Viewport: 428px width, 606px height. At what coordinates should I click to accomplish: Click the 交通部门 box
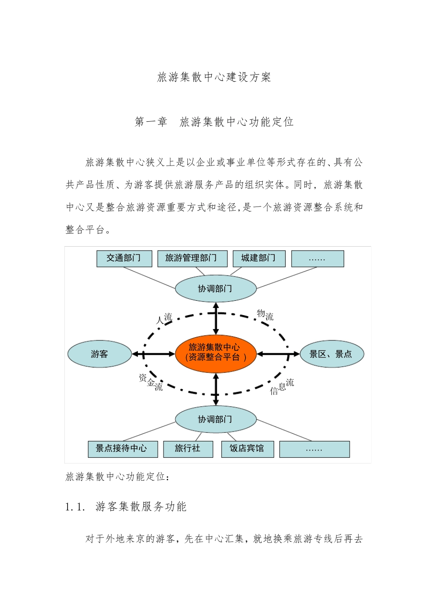[x=124, y=258]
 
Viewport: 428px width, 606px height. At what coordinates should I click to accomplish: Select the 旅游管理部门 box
[x=192, y=258]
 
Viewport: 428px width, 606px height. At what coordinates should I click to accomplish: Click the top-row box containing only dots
[x=317, y=259]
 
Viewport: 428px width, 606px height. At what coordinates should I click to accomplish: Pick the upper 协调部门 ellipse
[x=215, y=289]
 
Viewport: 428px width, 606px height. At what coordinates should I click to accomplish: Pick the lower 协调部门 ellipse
[x=215, y=419]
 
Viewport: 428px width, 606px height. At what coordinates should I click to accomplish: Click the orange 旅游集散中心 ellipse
[x=215, y=353]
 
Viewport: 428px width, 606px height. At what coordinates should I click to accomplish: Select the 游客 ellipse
[x=100, y=354]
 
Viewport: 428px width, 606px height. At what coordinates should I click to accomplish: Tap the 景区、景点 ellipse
[x=332, y=354]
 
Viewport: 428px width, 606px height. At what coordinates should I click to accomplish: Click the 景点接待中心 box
[x=123, y=449]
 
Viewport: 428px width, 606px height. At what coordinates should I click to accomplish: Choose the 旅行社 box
[x=187, y=449]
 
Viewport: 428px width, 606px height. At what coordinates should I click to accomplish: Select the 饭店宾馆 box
[x=247, y=449]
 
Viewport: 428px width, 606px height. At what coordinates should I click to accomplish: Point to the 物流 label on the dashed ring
[x=265, y=315]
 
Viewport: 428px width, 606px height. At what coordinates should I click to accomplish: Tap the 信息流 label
[x=282, y=387]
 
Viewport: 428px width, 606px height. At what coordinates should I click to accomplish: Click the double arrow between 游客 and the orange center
[x=153, y=354]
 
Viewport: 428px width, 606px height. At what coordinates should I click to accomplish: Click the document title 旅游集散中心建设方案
[x=214, y=77]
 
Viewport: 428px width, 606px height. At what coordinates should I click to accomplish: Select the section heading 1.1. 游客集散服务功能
[x=126, y=507]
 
